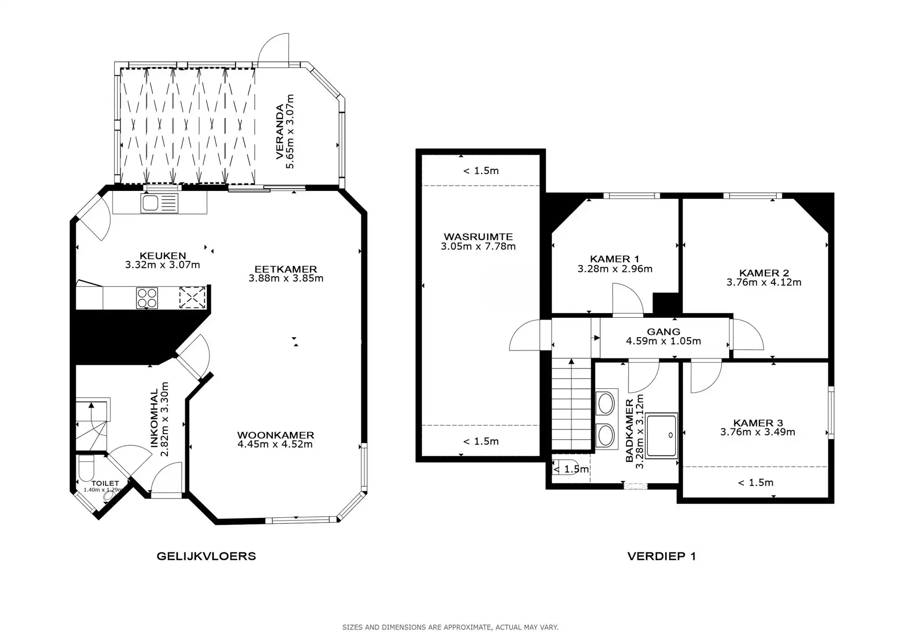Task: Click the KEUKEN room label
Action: pos(163,255)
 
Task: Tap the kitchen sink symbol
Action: pos(159,203)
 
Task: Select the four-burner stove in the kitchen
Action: pos(147,298)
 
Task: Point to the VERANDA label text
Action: pos(280,132)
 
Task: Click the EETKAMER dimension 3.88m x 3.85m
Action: pos(286,278)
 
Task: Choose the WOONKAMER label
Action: pos(276,435)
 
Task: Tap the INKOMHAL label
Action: pos(154,418)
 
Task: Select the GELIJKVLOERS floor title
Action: pos(206,556)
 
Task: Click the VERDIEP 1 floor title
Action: pos(662,556)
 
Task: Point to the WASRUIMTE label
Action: pos(478,237)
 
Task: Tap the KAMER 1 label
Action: pos(615,259)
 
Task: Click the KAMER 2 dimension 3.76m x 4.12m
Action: pos(764,282)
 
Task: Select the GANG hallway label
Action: pos(664,332)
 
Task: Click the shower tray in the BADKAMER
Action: pos(661,436)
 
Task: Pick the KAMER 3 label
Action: pos(758,423)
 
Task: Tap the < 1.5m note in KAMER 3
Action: pos(755,483)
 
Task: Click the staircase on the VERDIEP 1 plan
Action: pos(571,404)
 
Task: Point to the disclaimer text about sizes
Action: pos(450,627)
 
